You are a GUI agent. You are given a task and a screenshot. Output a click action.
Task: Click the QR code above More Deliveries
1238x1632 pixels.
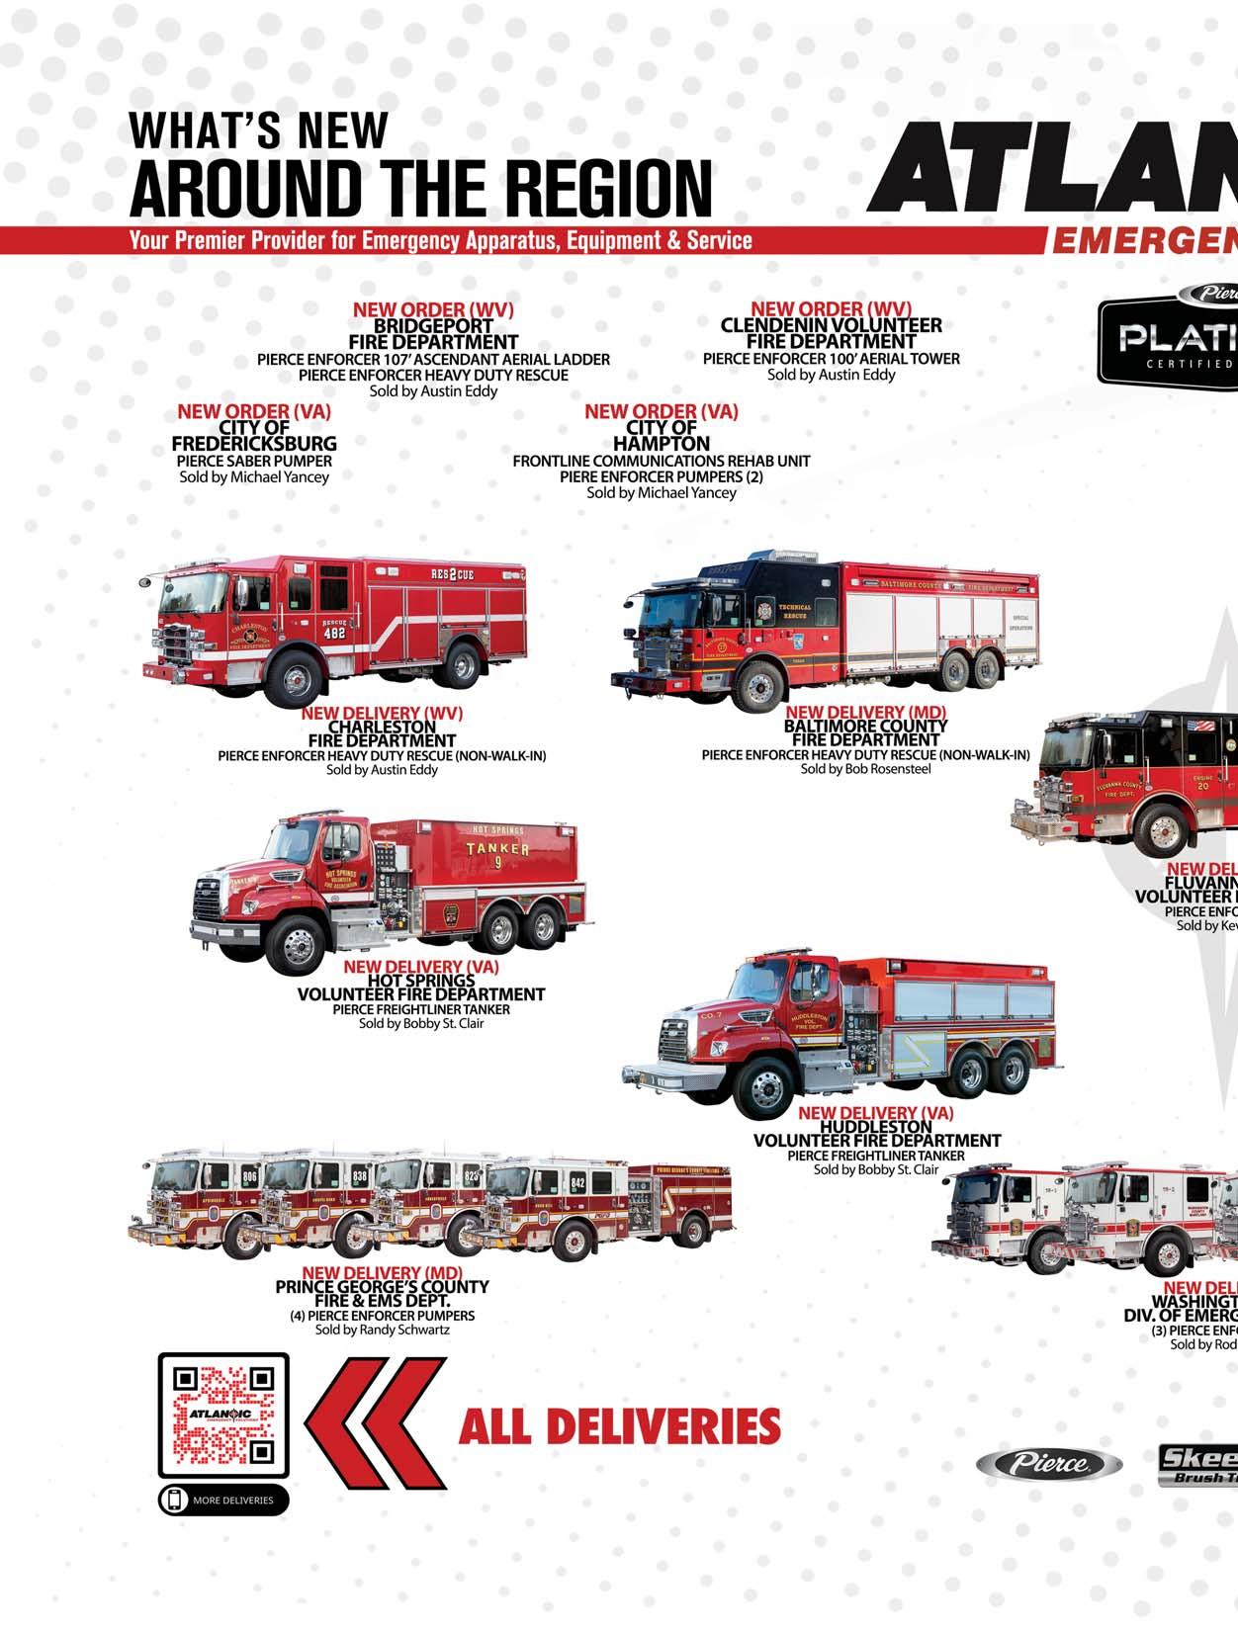(x=223, y=1413)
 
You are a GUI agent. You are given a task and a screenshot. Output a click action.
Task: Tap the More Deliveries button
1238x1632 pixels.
(x=223, y=1500)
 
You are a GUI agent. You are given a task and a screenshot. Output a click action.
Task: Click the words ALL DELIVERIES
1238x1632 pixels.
(x=619, y=1425)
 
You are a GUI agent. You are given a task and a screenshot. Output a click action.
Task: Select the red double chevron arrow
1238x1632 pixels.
(x=376, y=1422)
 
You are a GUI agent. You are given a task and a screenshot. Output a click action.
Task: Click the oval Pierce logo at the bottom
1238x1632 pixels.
(x=1049, y=1464)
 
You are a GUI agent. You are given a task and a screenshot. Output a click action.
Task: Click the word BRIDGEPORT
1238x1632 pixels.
(x=433, y=325)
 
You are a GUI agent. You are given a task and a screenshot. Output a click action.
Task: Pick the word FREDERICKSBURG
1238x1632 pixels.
(x=254, y=444)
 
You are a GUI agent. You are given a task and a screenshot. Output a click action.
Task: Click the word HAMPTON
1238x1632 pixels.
(x=661, y=444)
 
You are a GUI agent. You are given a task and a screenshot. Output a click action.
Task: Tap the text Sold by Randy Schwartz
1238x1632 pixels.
(x=383, y=1331)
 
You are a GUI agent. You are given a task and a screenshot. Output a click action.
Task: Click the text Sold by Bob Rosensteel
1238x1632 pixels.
(x=865, y=769)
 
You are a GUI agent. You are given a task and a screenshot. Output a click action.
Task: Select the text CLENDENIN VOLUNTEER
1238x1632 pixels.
(x=831, y=325)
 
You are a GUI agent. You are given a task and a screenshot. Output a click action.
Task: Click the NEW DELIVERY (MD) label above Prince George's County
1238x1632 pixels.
(x=382, y=1272)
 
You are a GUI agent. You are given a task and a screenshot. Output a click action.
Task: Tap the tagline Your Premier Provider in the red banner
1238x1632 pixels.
(x=440, y=240)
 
